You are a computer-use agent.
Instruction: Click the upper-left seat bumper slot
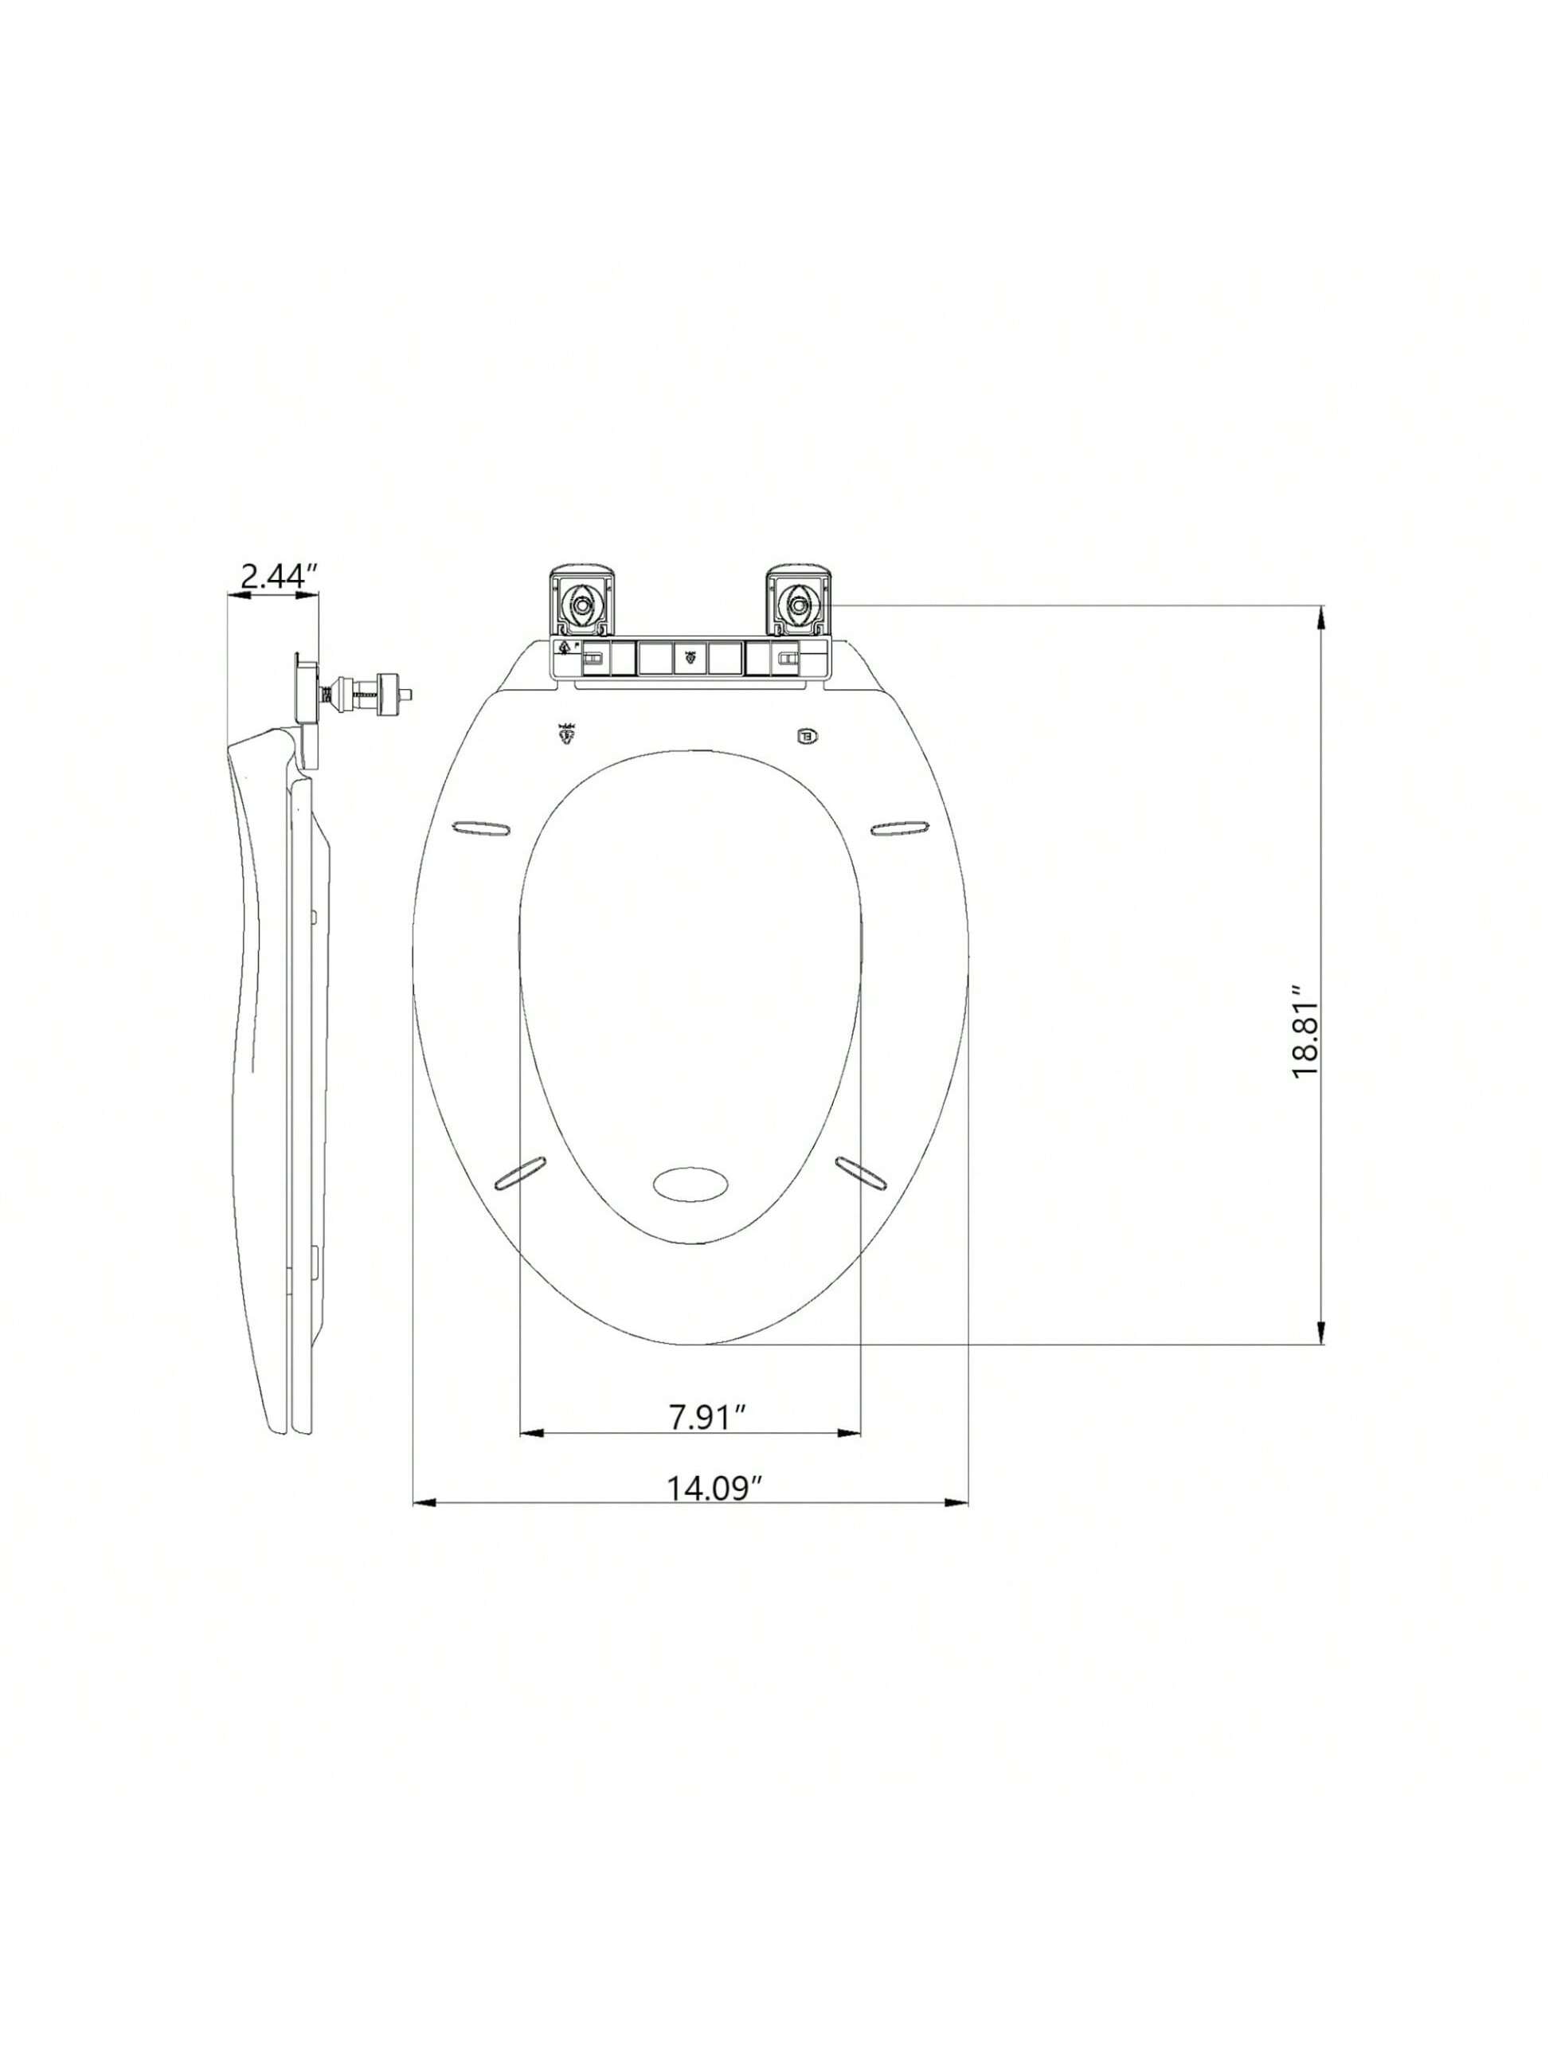point(482,827)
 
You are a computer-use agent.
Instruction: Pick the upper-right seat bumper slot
point(900,827)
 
